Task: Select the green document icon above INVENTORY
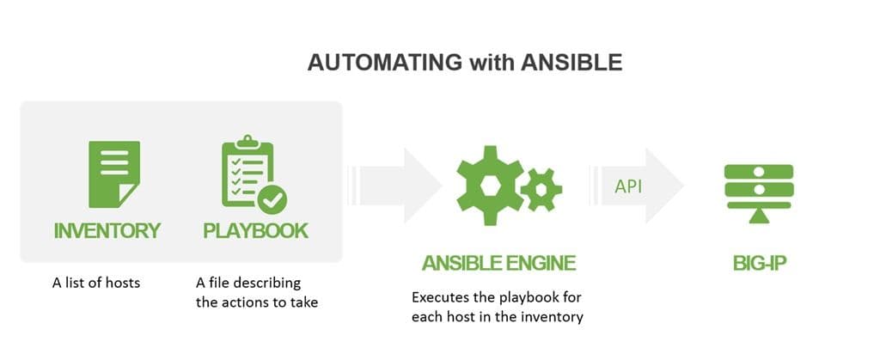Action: (113, 174)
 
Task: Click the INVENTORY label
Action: (107, 230)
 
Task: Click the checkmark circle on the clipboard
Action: (272, 200)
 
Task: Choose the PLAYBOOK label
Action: (255, 230)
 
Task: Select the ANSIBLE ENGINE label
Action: (498, 262)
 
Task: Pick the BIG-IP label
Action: (756, 262)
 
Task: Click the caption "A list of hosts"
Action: (95, 283)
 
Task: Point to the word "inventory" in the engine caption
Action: (555, 317)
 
